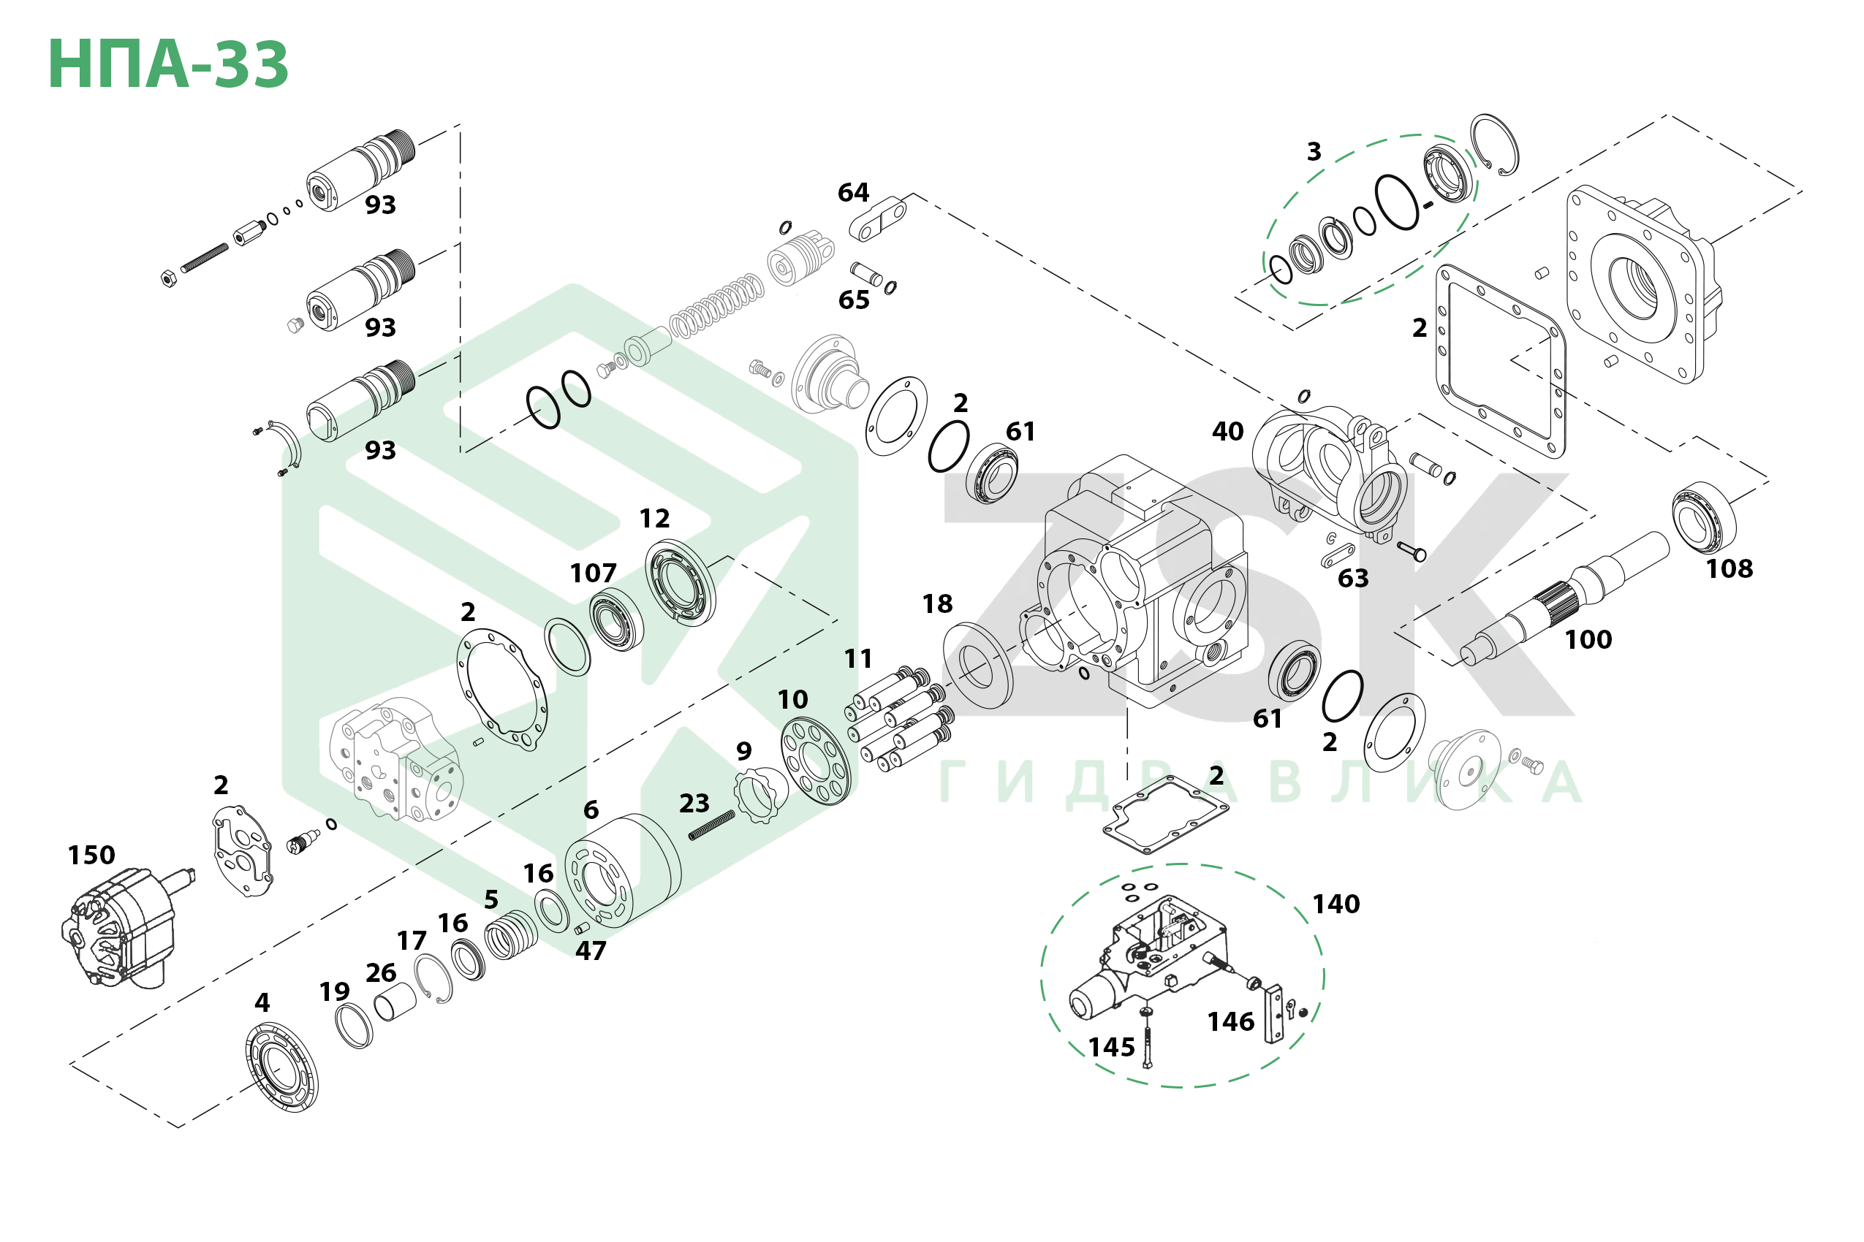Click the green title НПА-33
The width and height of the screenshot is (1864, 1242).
click(x=168, y=64)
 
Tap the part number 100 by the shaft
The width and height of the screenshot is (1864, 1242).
click(x=1588, y=639)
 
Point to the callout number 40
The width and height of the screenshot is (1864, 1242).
click(x=1227, y=432)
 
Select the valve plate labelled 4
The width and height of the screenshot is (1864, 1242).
click(x=281, y=1067)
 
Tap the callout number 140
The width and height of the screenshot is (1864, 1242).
click(x=1336, y=904)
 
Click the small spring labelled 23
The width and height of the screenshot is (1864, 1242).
click(x=711, y=826)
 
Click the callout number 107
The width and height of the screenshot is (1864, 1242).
click(x=593, y=574)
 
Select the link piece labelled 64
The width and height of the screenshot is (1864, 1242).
click(x=878, y=219)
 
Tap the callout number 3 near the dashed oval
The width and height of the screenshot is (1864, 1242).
click(x=1314, y=151)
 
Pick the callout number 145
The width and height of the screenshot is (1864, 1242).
click(x=1111, y=1048)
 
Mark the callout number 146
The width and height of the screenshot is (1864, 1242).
click(x=1231, y=1022)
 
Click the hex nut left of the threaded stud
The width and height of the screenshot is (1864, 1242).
click(x=168, y=278)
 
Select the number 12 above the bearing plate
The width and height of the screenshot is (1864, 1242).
click(x=655, y=519)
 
